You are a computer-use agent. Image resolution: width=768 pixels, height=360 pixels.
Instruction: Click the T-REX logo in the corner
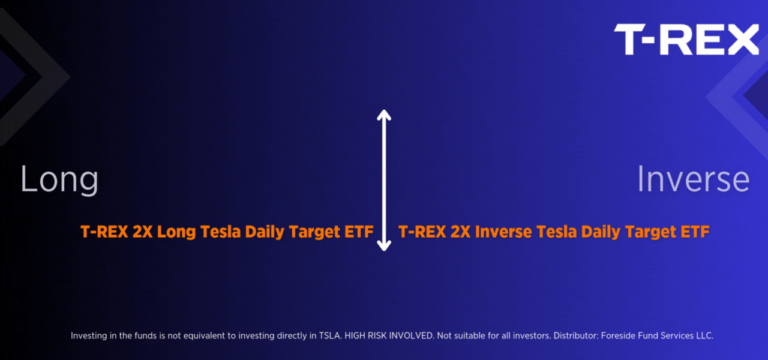point(686,39)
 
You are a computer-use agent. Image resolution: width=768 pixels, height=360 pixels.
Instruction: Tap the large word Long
point(59,179)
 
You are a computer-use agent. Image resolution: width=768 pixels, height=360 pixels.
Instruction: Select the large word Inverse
point(693,179)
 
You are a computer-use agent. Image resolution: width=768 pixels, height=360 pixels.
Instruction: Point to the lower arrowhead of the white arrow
point(384,245)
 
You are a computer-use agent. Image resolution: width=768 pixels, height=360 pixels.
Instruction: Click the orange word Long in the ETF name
point(176,232)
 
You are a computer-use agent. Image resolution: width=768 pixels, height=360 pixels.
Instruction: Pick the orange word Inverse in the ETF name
point(503,232)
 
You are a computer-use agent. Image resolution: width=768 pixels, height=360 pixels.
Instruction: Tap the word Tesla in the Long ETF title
point(220,232)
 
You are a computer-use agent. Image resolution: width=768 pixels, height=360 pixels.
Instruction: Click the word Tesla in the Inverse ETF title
point(556,232)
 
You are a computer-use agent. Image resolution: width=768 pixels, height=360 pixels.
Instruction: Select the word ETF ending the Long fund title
point(359,232)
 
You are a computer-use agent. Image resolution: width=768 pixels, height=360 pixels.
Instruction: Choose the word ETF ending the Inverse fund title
point(695,232)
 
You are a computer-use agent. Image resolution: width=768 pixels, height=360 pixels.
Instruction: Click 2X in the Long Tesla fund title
point(142,232)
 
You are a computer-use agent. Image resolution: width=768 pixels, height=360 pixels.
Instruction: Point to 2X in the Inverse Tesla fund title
point(460,232)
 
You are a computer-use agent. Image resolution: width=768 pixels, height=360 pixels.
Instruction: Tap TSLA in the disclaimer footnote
point(330,335)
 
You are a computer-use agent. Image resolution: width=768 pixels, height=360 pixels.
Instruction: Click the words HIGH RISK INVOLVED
point(389,335)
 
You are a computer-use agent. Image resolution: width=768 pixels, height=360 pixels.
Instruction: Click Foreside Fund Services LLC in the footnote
point(657,335)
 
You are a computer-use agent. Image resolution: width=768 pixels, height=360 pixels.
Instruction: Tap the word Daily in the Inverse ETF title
point(601,232)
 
